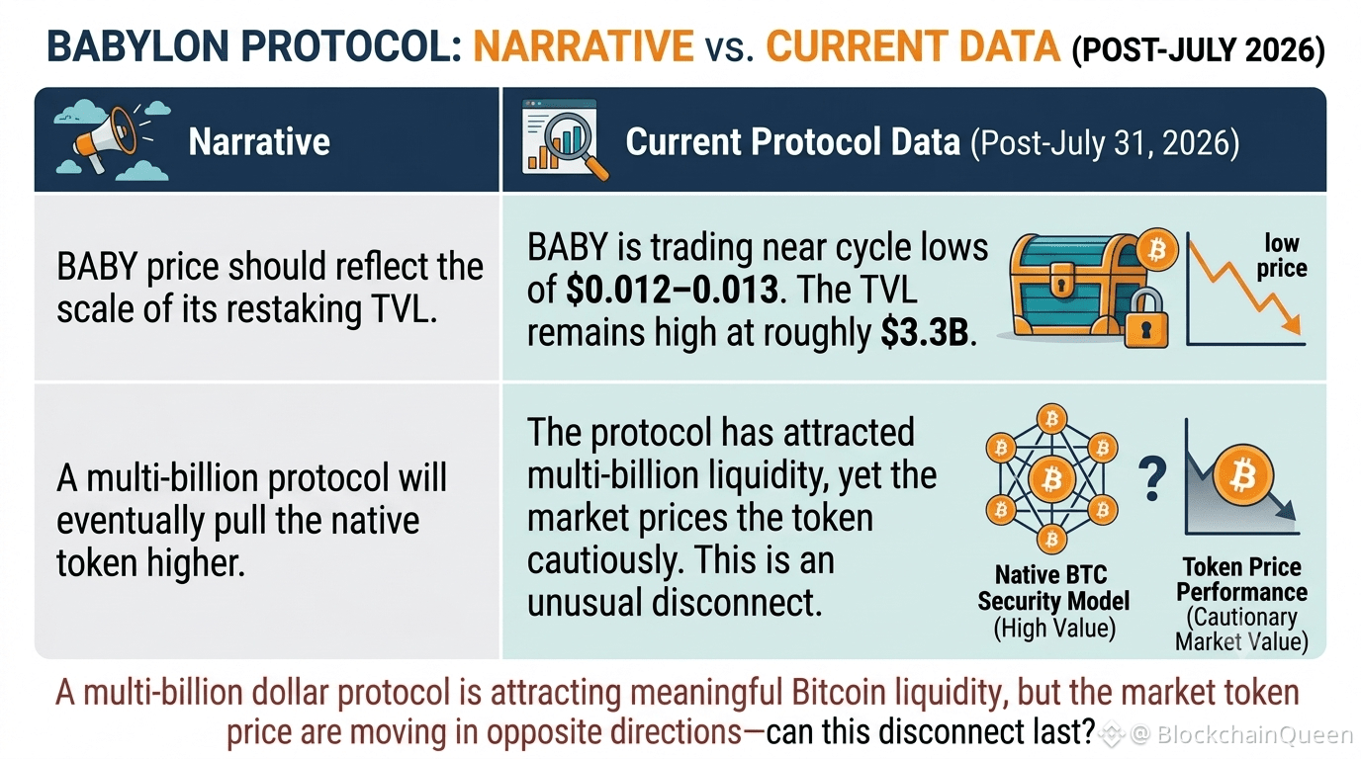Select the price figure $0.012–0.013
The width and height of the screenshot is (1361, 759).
pos(672,290)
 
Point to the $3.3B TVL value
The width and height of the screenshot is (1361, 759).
pos(925,333)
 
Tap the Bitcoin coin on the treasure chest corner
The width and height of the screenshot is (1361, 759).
pos(1156,250)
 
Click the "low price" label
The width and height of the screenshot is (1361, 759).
pos(1282,256)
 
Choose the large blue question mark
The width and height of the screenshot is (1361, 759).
pos(1151,478)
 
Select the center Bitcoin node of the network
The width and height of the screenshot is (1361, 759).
pos(1051,479)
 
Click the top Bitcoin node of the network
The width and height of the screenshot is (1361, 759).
pos(1051,418)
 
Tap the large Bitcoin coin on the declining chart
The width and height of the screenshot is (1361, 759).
pos(1242,475)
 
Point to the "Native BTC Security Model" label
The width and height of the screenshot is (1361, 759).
pos(1053,588)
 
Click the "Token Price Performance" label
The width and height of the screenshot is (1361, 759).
pos(1241,580)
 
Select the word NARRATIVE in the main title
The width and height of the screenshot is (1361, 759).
pos(584,46)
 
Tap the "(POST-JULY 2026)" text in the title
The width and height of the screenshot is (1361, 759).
pos(1198,49)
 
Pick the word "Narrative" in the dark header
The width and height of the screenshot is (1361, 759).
pos(259,141)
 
